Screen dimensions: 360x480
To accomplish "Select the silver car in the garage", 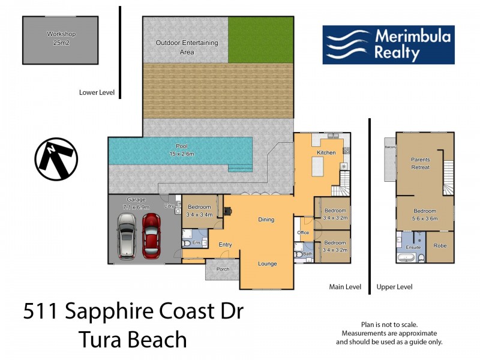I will click(x=127, y=236).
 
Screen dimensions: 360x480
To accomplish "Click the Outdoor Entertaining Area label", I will click(x=187, y=47).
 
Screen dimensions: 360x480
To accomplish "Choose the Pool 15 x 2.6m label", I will click(x=181, y=150).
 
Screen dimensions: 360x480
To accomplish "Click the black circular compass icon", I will click(x=56, y=159).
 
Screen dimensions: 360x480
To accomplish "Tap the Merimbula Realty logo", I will click(x=388, y=44).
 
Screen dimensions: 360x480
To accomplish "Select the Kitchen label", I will click(x=326, y=153).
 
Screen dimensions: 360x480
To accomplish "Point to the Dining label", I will click(x=266, y=220).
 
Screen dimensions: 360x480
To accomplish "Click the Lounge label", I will click(x=267, y=263).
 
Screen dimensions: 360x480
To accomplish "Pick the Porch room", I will click(x=223, y=269).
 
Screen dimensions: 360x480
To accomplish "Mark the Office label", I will click(x=303, y=233).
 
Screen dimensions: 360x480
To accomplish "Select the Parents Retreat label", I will click(x=420, y=163).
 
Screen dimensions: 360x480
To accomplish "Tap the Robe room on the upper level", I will click(x=440, y=246).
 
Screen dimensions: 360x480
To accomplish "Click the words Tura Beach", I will click(x=133, y=340).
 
